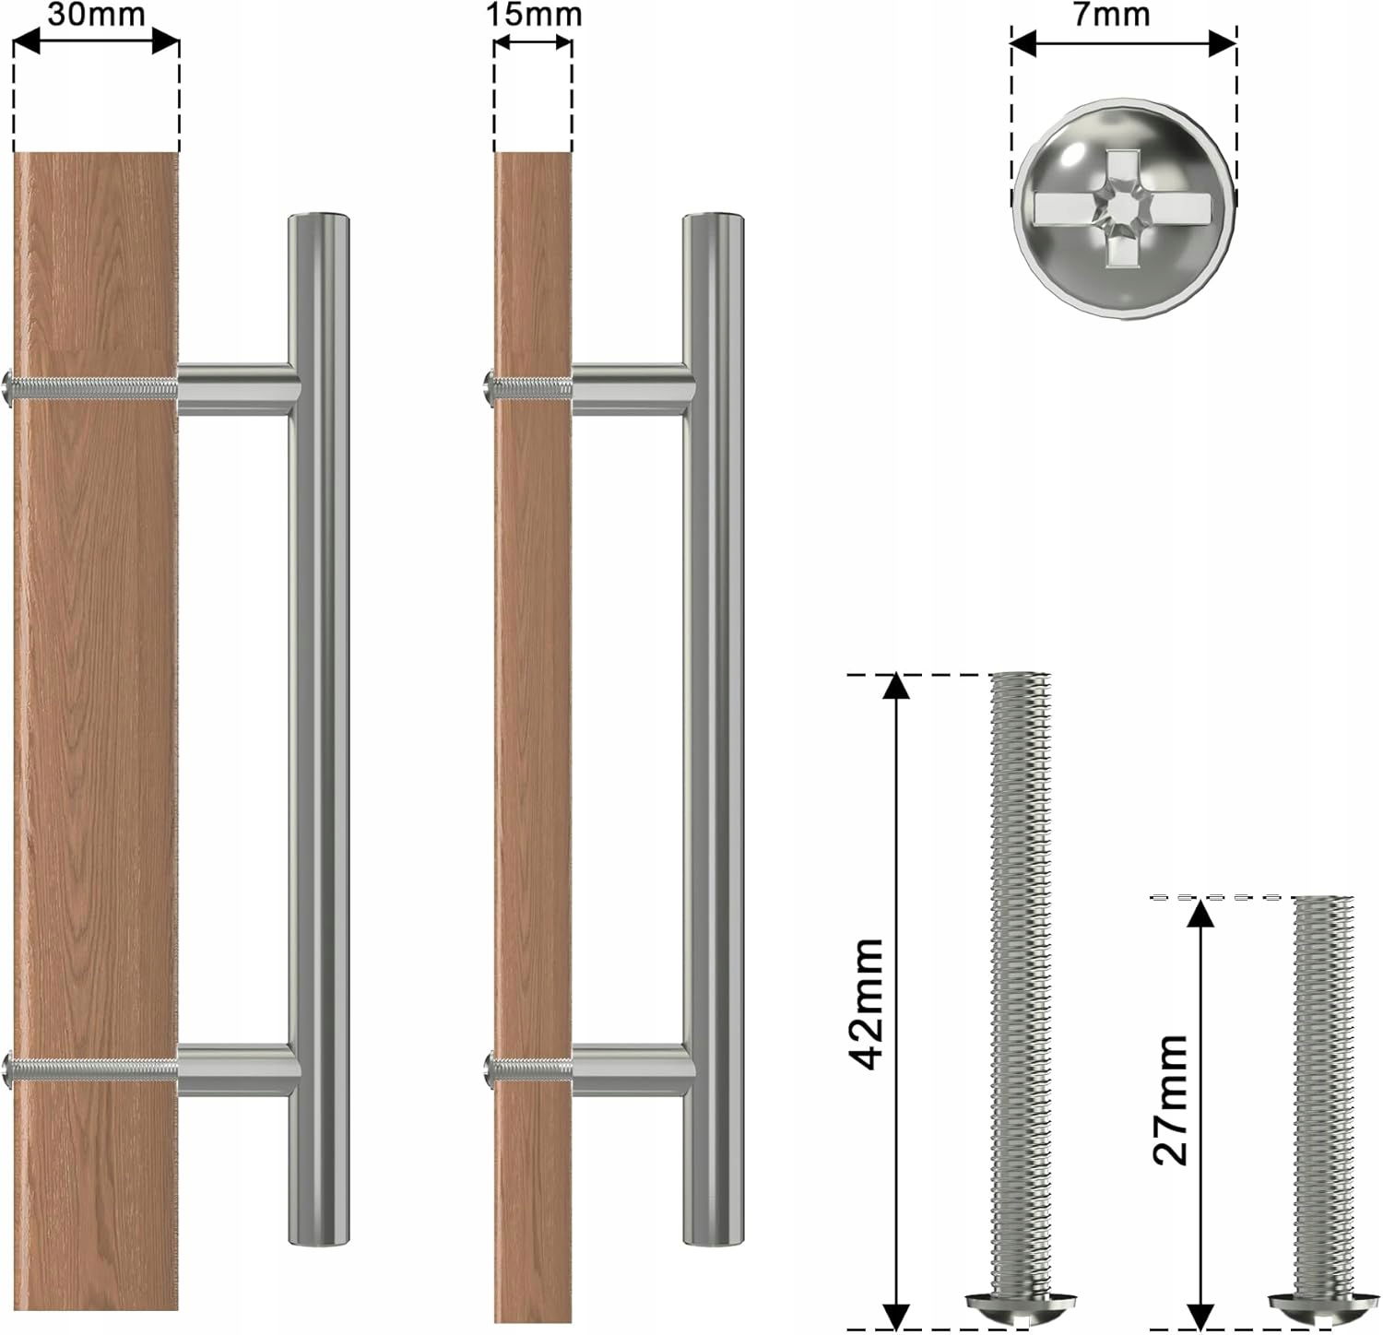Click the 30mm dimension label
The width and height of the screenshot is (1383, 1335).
(97, 16)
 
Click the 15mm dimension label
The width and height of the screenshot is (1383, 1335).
(534, 15)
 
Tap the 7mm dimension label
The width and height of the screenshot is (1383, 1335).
(1112, 15)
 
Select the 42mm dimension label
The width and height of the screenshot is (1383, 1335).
(868, 1003)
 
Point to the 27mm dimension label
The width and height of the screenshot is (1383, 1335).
(1171, 1099)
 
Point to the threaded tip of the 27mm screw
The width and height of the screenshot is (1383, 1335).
(1323, 904)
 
